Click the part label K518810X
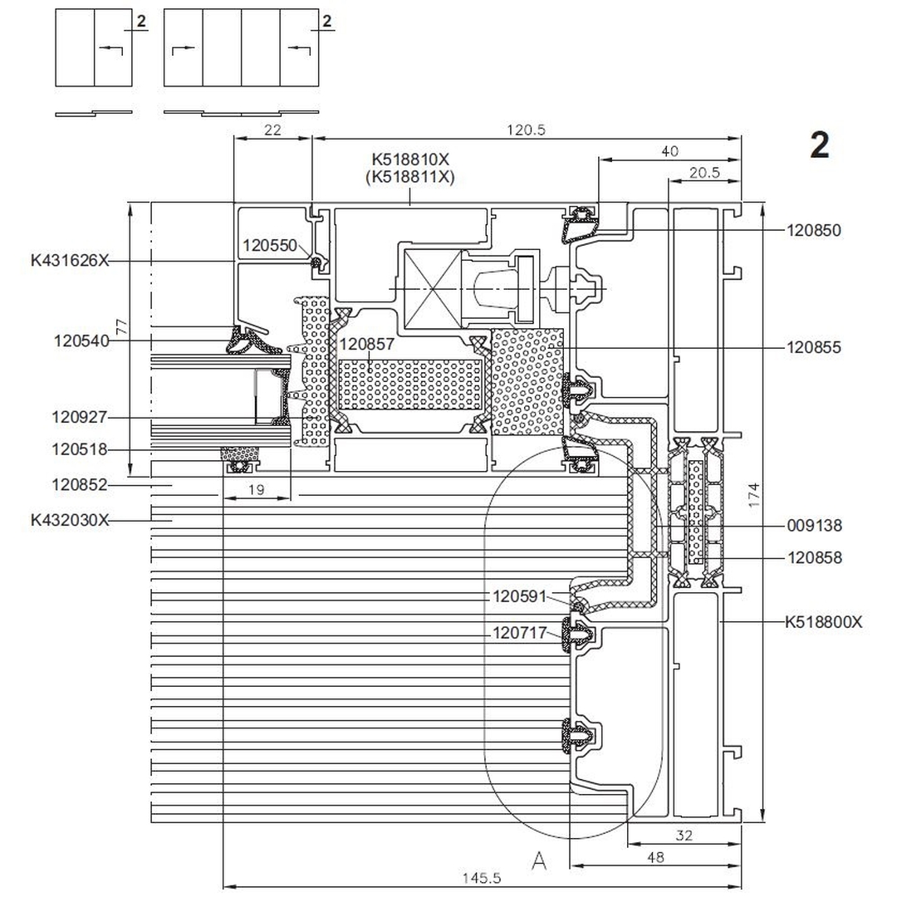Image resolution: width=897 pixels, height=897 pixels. coord(413,159)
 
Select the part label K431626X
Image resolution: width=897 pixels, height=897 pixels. coord(70,260)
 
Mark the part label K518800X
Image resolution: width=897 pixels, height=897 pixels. coord(823,621)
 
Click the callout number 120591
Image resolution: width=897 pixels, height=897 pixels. coord(521,596)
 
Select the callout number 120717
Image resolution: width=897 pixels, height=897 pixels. coord(521,633)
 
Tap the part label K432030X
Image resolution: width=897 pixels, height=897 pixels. coord(70,520)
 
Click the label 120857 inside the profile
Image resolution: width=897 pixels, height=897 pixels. coord(366,344)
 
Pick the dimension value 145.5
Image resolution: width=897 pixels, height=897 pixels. coord(482,877)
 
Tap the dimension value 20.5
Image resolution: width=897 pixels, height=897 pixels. coord(704,173)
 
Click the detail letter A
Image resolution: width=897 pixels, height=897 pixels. coord(539,861)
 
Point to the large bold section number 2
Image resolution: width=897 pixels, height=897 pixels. coord(819,146)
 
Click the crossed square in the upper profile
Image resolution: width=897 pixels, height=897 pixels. coord(431,288)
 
